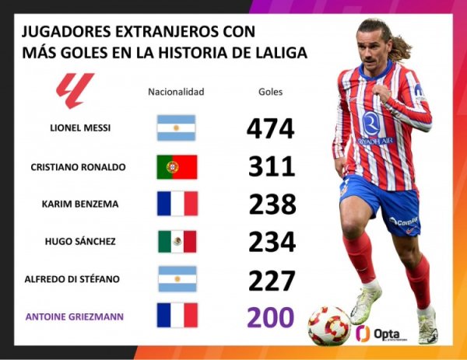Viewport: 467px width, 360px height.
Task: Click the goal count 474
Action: pos(270,128)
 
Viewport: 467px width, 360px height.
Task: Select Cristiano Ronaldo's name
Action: pos(78,166)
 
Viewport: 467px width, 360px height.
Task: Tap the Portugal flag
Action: pos(177,166)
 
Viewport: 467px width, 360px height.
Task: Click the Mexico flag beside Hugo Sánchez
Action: pos(177,241)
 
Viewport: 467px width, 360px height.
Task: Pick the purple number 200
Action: pos(271,317)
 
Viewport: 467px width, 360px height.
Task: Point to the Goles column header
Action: pos(270,92)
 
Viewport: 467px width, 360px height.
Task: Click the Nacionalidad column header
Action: pos(176,92)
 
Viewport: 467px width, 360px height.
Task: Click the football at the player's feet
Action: pos(329,324)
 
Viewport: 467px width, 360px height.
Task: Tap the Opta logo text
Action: pos(386,333)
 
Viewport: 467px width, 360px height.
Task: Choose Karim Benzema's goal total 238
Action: pos(272,204)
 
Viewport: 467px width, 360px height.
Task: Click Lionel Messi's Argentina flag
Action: pos(177,128)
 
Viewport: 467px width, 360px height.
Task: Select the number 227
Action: pos(271,279)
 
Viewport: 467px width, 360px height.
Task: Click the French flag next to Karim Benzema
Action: pos(177,204)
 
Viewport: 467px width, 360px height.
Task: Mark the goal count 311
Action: pos(271,166)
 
